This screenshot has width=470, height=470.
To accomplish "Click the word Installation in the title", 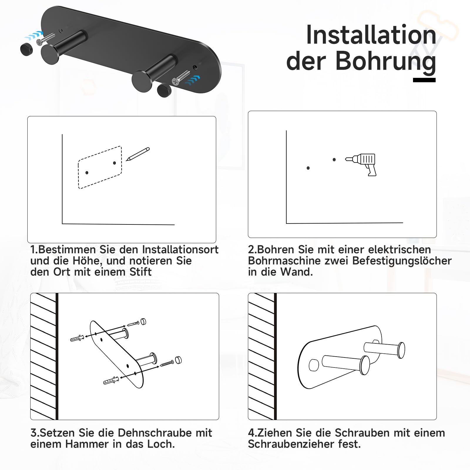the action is (x=371, y=35).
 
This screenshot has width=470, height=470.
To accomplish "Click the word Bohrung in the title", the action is (x=386, y=61).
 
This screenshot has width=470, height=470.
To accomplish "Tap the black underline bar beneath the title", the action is (x=424, y=80).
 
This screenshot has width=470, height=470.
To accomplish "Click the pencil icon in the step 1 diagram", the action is (x=138, y=154).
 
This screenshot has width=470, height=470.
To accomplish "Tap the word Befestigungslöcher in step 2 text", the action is (x=402, y=261).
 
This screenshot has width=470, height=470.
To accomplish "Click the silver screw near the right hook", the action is (x=182, y=77).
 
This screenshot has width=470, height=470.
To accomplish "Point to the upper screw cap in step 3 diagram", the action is (x=143, y=321).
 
